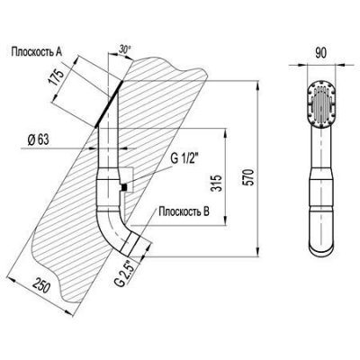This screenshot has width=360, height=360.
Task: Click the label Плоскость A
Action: [37, 52]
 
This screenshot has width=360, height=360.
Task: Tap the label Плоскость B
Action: [184, 211]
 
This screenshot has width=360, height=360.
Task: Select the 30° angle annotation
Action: [125, 49]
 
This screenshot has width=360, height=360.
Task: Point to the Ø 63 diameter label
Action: [38, 139]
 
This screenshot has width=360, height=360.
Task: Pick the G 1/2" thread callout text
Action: [184, 159]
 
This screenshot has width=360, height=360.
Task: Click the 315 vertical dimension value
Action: [216, 183]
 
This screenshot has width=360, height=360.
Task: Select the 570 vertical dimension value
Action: [249, 178]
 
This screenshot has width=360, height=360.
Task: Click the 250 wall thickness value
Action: [40, 285]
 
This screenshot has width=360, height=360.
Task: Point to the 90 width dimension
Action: [320, 53]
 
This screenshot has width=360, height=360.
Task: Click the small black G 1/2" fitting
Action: [123, 187]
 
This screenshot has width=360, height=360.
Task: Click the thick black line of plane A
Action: [109, 104]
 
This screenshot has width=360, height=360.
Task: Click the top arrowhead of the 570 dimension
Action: [257, 85]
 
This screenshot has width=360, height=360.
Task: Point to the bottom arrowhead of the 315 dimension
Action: [224, 220]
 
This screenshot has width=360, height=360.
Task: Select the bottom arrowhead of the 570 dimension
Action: [257, 252]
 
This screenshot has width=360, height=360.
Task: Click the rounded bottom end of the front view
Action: [320, 247]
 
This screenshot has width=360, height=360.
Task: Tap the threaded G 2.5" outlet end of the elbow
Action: [132, 246]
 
